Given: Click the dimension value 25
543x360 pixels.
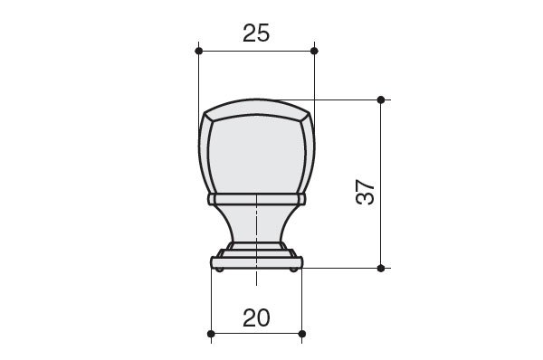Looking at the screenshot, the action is [x=256, y=33].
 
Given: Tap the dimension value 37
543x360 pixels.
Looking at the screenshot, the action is [x=365, y=192].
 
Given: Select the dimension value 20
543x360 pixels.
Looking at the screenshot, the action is [x=256, y=318].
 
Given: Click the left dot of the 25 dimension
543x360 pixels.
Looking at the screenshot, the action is [x=199, y=52].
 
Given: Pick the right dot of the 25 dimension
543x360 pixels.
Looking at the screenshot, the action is [x=314, y=52].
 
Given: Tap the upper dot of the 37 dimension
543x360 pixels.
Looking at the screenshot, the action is [x=381, y=100].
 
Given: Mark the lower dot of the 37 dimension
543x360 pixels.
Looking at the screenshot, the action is [x=381, y=268].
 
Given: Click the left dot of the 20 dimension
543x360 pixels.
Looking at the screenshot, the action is [x=211, y=334].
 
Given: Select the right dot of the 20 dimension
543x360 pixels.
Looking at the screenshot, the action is [x=302, y=334].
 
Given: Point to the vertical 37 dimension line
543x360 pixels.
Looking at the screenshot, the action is [x=381, y=184].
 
